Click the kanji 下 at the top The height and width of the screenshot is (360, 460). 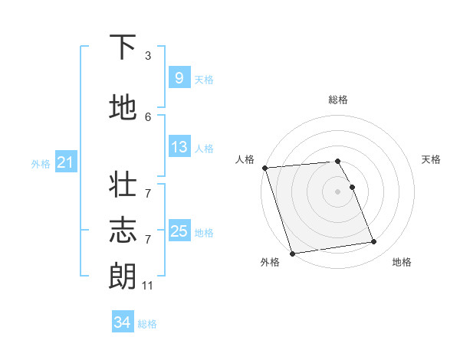click(x=123, y=47)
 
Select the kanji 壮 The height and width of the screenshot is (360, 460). click(x=123, y=186)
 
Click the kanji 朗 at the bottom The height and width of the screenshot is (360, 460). click(x=123, y=277)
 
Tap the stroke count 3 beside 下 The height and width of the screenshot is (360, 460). click(x=148, y=56)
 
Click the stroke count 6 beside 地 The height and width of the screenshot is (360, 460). click(x=148, y=116)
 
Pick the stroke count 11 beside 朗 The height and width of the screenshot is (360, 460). click(x=148, y=286)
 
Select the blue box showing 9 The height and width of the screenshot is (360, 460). click(x=179, y=77)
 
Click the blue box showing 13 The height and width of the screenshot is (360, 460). click(x=179, y=147)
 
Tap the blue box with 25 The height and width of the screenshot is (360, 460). click(x=179, y=231)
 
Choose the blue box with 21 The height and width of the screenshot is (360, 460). click(x=65, y=162)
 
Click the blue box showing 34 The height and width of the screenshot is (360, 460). click(x=122, y=322)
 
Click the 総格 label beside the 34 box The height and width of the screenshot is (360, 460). click(x=147, y=324)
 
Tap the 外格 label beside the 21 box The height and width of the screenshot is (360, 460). click(x=41, y=163)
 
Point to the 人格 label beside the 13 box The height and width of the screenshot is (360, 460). click(x=204, y=149)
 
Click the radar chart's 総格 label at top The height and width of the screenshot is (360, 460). click(x=338, y=100)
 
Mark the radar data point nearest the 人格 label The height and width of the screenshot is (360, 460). click(x=264, y=168)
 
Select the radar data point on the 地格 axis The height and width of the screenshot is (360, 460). click(x=373, y=242)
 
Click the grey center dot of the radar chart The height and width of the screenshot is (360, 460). click(x=338, y=191)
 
